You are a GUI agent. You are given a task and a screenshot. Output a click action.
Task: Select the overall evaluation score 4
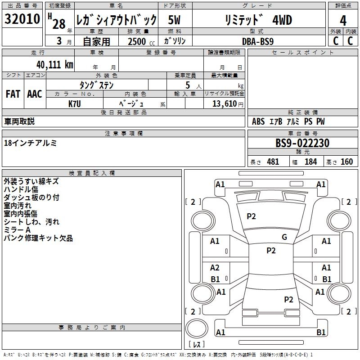(343, 20)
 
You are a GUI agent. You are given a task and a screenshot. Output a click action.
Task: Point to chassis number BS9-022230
(302, 144)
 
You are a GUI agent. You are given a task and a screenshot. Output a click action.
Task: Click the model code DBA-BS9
(258, 41)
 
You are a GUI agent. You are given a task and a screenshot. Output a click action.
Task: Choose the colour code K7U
(75, 104)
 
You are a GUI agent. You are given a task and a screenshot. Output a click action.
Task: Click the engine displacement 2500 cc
(138, 41)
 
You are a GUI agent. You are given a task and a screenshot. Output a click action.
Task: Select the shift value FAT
(13, 94)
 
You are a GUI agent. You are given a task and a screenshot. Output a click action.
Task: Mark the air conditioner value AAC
(35, 94)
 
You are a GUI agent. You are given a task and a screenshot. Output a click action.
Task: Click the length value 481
(273, 162)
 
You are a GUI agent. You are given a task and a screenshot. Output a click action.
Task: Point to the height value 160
(346, 162)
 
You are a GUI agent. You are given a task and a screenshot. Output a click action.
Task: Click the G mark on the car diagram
(284, 237)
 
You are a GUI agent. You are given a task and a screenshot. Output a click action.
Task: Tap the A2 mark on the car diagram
(215, 268)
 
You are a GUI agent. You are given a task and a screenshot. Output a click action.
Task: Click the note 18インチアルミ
(30, 143)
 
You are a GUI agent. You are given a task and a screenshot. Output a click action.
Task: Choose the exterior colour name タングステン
(96, 85)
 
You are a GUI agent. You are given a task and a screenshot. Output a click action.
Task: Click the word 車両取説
(19, 121)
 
